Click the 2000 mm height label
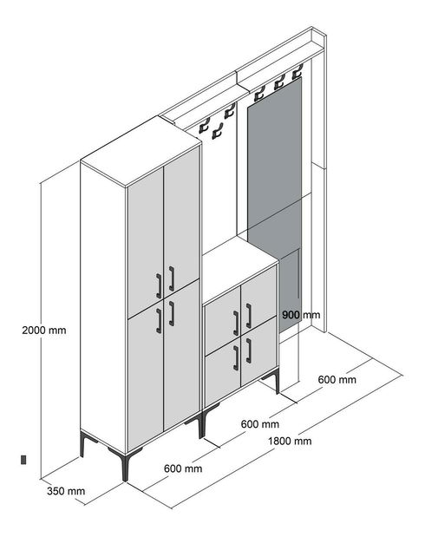pos(44,330)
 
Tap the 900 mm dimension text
pos(301,315)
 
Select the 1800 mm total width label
pos(289,441)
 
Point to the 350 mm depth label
pos(65,490)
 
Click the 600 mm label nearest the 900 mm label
pos(337,379)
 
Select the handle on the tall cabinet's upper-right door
pos(172,277)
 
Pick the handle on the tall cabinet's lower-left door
pos(160,320)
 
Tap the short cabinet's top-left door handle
pos(235,323)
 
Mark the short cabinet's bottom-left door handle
pos(235,358)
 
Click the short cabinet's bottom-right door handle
pos(248,350)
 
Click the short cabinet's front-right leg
pos(276,381)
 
